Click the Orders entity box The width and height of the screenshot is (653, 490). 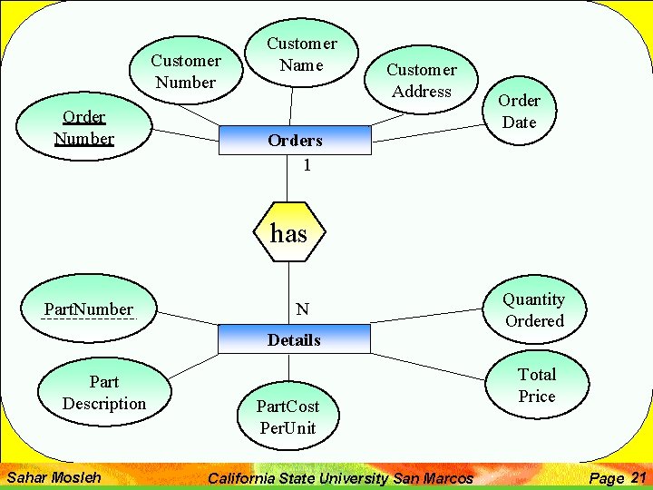(x=294, y=140)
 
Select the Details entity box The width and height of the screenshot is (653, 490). (x=294, y=340)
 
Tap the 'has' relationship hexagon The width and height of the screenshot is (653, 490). (x=288, y=233)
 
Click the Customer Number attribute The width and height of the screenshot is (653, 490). (x=186, y=71)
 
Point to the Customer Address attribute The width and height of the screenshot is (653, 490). (x=421, y=80)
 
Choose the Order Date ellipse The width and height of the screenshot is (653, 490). (x=519, y=111)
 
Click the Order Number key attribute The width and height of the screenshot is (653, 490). (x=83, y=128)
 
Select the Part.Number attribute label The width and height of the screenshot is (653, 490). (x=89, y=309)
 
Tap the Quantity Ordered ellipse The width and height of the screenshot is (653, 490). (x=534, y=309)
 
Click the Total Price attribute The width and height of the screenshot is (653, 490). (x=536, y=385)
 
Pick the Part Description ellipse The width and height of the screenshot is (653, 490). (x=104, y=392)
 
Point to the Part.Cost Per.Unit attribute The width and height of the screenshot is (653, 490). (x=288, y=416)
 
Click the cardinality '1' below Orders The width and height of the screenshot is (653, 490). (x=307, y=165)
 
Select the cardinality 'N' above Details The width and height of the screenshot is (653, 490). (x=302, y=309)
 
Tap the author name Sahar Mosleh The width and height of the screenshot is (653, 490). (x=54, y=476)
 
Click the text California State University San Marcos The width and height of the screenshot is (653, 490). (x=340, y=478)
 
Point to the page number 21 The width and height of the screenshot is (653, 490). (x=638, y=477)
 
